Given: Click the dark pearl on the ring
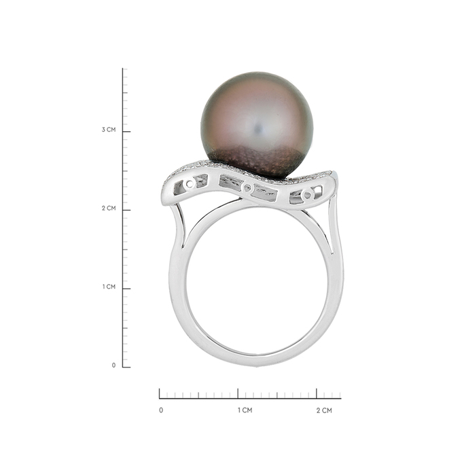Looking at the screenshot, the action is (257, 125).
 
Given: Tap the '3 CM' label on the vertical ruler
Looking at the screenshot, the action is (109, 130).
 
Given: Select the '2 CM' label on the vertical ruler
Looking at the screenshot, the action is (109, 209).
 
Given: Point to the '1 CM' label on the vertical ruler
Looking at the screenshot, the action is (109, 287).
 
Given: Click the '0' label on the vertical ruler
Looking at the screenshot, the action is (113, 366).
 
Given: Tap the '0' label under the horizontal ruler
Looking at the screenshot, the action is (161, 410).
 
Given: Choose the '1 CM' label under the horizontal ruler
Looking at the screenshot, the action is (245, 410).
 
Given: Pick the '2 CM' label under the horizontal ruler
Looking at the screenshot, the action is (324, 410).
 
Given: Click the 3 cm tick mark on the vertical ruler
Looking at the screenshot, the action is (126, 132).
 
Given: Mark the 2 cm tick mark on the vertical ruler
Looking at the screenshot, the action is (126, 210).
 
